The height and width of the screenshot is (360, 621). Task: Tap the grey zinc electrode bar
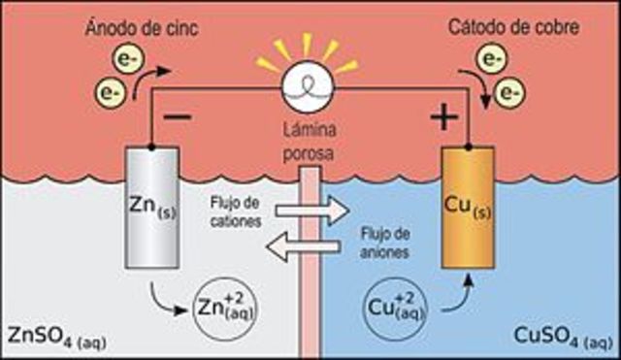pos(152,208)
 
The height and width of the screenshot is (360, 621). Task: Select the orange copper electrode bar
pos(467,208)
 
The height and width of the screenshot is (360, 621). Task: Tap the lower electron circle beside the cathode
pos(504,94)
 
